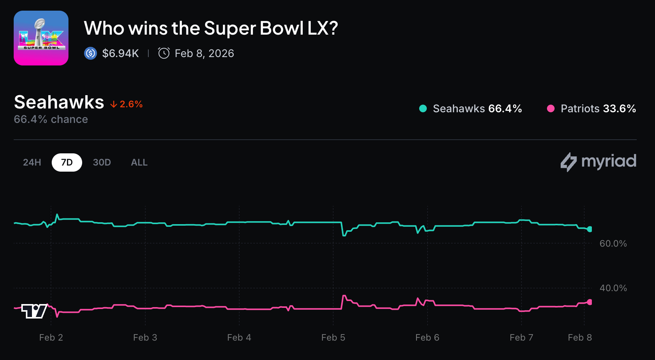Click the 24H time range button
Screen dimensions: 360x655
(x=32, y=162)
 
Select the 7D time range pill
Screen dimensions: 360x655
(x=67, y=162)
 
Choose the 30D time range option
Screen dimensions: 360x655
(x=102, y=162)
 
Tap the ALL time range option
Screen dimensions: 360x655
(x=139, y=162)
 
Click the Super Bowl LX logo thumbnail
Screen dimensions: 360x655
(x=41, y=38)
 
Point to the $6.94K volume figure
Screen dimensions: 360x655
(x=120, y=53)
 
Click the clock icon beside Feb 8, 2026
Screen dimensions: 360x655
(x=164, y=53)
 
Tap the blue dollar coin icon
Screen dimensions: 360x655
(x=91, y=53)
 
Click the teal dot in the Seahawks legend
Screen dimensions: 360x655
(x=423, y=109)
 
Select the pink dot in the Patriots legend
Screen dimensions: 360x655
(x=550, y=109)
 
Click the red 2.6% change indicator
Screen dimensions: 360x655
(x=127, y=104)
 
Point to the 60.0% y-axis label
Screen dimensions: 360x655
(x=613, y=244)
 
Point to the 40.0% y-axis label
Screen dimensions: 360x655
(x=613, y=288)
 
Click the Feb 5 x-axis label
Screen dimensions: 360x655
(x=333, y=338)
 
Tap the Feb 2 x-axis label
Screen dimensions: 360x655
(x=51, y=338)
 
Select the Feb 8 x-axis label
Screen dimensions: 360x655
(x=580, y=338)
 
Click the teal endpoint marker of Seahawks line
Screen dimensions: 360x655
(x=590, y=229)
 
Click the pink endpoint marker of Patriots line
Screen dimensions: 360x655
(x=590, y=302)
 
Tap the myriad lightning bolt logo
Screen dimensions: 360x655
(x=569, y=162)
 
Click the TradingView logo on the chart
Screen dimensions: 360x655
(x=34, y=311)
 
